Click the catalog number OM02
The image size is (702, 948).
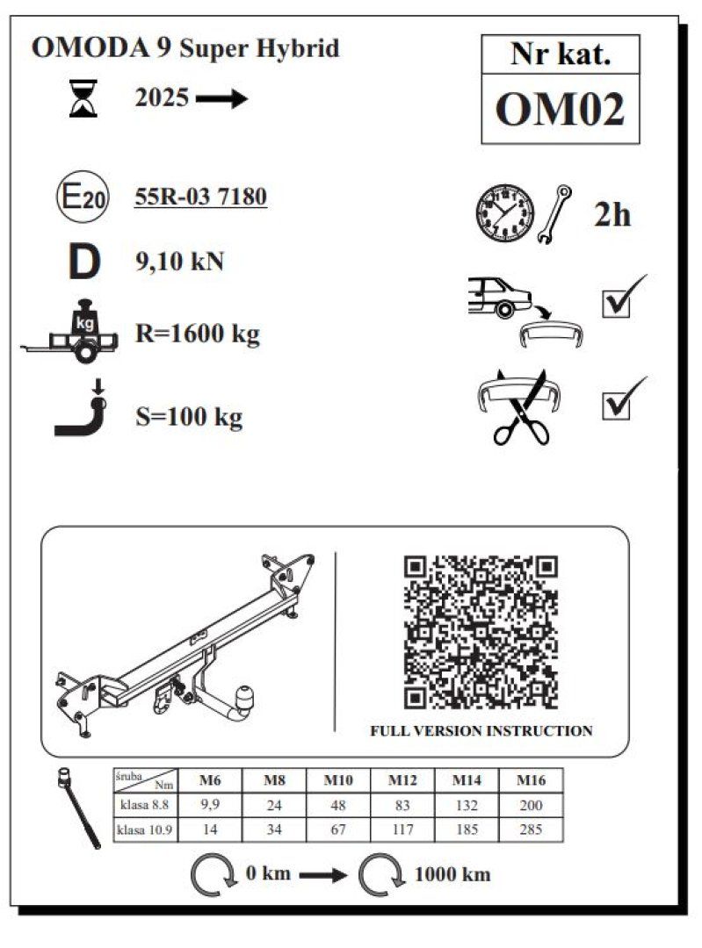coord(560,110)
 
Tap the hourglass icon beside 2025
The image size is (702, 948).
coord(83,98)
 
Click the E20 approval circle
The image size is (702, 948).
coord(83,197)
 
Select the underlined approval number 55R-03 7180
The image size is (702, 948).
coord(200,197)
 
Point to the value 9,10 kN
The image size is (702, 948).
coord(180,262)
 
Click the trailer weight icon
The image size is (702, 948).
coord(71,331)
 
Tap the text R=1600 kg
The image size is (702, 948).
coord(198,334)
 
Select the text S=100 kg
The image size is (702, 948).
coord(189,417)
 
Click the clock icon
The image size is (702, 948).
coord(504,214)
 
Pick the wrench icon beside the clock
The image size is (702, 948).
coord(555,214)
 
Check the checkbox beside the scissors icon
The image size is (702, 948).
coord(617,405)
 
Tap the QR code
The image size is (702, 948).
coord(481,632)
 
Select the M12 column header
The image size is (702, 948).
coord(402,780)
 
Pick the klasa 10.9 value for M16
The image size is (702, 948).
coord(531,829)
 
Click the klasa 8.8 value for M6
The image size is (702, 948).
coord(210,805)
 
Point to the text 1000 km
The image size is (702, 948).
coord(452,874)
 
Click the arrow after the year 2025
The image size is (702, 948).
coord(221,98)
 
